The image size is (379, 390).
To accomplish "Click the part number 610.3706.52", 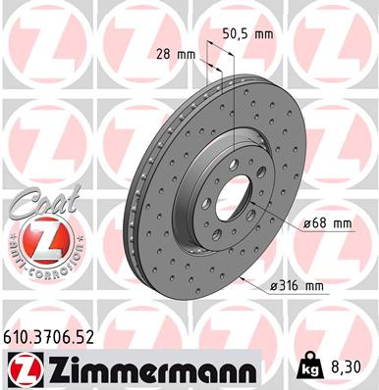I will point(52,336).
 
